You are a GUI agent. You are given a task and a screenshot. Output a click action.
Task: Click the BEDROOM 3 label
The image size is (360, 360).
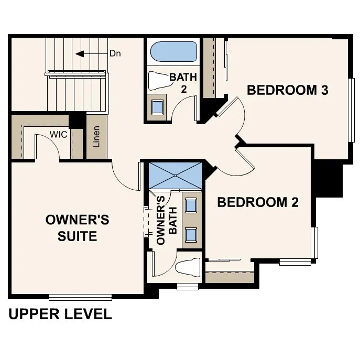click(x=287, y=90)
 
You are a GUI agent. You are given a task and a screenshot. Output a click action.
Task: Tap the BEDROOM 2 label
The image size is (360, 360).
click(x=258, y=202)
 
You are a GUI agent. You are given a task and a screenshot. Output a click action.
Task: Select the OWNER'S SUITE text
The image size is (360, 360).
click(x=78, y=227)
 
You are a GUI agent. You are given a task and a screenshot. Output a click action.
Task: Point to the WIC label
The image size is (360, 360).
click(x=58, y=135)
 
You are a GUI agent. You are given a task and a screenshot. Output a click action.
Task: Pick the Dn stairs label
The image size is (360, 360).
click(x=115, y=53)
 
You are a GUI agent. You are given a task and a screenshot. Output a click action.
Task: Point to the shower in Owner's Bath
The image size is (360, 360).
click(x=176, y=176)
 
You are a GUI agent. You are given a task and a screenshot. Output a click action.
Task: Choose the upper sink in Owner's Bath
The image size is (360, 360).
click(x=191, y=205)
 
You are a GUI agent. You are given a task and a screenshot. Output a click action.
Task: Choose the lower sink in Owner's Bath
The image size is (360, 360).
click(x=191, y=233)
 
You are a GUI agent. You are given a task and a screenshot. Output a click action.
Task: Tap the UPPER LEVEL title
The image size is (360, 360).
click(x=60, y=314)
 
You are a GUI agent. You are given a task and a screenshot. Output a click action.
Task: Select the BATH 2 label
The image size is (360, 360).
click(x=183, y=83)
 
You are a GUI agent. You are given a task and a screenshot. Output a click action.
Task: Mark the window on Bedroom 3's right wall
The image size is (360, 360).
click(x=351, y=111)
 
